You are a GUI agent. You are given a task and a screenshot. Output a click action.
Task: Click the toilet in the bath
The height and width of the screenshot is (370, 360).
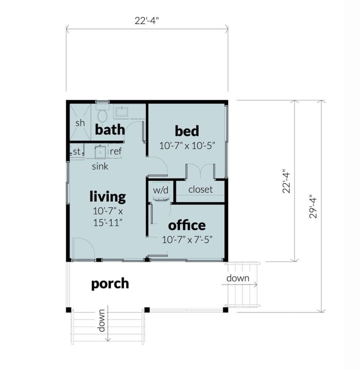click(102, 114)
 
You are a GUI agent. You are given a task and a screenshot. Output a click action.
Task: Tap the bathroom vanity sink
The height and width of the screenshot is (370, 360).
click(121, 112)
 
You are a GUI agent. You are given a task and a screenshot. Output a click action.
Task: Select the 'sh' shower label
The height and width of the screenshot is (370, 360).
click(80, 123)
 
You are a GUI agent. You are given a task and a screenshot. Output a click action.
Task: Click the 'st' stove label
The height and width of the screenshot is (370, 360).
click(77, 151)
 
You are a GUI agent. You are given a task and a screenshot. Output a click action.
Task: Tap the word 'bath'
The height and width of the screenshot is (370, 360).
click(110, 129)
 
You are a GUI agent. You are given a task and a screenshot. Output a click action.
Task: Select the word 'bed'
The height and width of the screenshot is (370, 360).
click(187, 131)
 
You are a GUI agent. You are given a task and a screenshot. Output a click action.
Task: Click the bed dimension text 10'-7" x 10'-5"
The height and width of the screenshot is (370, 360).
click(187, 146)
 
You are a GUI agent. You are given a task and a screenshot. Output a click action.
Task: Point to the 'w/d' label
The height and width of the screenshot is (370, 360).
click(161, 190)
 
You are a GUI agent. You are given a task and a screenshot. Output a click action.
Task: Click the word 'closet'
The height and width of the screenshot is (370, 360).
click(200, 189)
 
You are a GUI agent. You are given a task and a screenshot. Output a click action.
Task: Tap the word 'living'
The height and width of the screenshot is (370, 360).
click(108, 197)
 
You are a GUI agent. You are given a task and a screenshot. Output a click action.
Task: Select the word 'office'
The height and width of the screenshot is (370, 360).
click(187, 225)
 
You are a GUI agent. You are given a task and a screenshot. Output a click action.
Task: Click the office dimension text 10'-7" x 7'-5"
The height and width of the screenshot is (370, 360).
click(187, 240)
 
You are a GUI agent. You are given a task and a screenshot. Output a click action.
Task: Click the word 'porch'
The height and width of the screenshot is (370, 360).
click(110, 284)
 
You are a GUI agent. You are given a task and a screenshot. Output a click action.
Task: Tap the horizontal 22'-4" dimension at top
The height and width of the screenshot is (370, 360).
click(147, 21)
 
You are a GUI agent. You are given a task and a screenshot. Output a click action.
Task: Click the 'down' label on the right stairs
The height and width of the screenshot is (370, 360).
click(238, 278)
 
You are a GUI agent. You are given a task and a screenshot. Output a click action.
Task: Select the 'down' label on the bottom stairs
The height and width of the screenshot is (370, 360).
click(101, 320)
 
